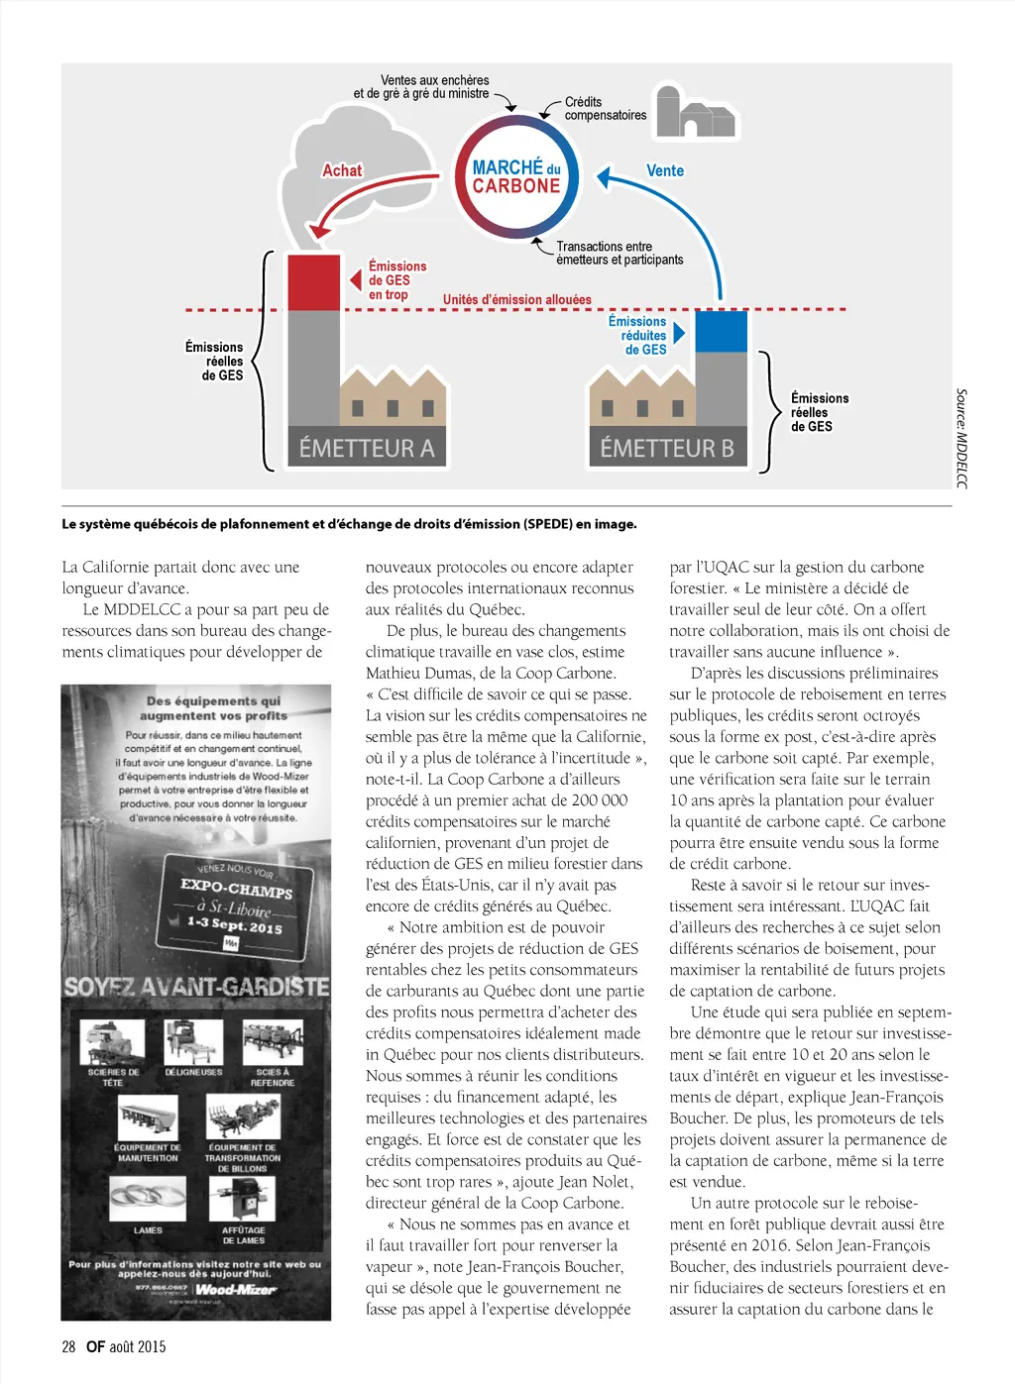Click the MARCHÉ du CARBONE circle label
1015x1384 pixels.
(x=516, y=177)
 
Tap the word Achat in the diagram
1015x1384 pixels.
(x=342, y=170)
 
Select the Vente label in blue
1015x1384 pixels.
(x=665, y=170)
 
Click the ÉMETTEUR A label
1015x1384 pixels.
(x=367, y=449)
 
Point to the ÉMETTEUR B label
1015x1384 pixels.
(x=667, y=449)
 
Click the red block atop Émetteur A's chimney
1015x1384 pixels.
(x=314, y=282)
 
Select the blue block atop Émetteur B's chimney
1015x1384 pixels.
(x=722, y=332)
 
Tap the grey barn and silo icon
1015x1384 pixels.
(x=695, y=113)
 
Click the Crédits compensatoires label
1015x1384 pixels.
(x=605, y=109)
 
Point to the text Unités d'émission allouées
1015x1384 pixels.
(x=516, y=299)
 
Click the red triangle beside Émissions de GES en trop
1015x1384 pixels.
(x=355, y=280)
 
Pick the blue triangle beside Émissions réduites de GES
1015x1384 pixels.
(x=679, y=333)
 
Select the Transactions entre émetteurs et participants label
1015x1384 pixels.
(x=620, y=253)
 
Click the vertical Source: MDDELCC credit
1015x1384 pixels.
(x=960, y=439)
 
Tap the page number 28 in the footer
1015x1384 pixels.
(x=68, y=1346)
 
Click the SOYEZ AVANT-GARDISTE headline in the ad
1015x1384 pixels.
(x=196, y=987)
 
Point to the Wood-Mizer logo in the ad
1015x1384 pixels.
(x=235, y=1289)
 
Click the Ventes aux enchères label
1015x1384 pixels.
(x=422, y=87)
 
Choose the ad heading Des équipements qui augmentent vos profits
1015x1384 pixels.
(x=213, y=708)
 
